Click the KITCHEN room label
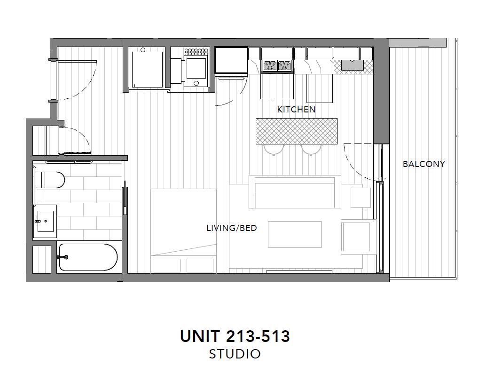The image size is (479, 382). pyautogui.click(x=296, y=109)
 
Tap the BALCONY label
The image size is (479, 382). pyautogui.click(x=424, y=164)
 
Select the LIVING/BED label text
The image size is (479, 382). pyautogui.click(x=232, y=228)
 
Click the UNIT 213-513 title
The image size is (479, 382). pyautogui.click(x=235, y=336)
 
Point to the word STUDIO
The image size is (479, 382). pyautogui.click(x=235, y=354)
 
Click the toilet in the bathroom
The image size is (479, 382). pyautogui.click(x=50, y=180)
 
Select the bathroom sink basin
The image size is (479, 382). pyautogui.click(x=45, y=221)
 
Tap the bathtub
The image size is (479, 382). pyautogui.click(x=88, y=257)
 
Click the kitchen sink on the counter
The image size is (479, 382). pyautogui.click(x=352, y=65)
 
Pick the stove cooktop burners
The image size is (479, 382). pyautogui.click(x=277, y=66)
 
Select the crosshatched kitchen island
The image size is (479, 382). pyautogui.click(x=296, y=131)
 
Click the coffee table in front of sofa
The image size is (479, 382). pyautogui.click(x=295, y=234)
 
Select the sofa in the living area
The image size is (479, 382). pyautogui.click(x=295, y=192)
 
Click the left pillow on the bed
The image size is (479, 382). pyautogui.click(x=167, y=265)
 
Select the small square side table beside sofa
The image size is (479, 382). pyautogui.click(x=361, y=198)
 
